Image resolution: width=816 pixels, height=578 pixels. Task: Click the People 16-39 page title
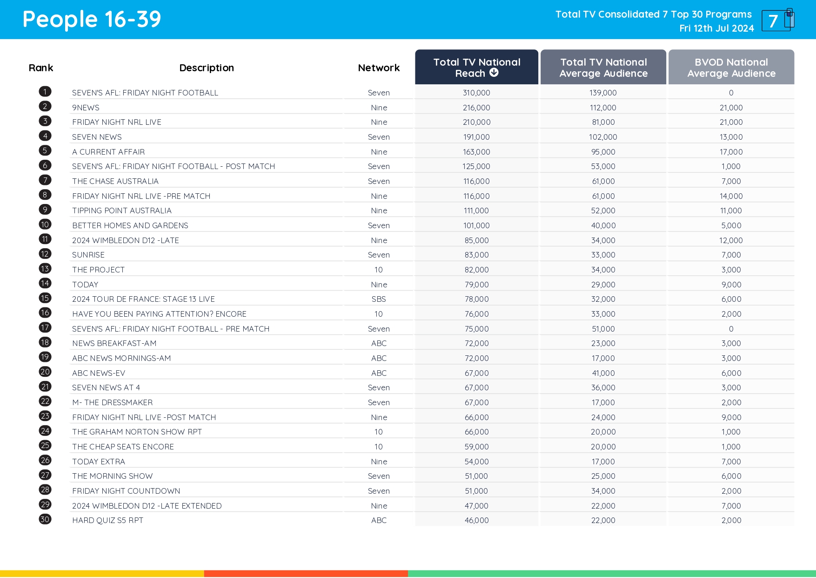(x=92, y=20)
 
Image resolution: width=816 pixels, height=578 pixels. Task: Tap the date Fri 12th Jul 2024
(x=716, y=28)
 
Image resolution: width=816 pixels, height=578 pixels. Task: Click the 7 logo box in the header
(x=776, y=20)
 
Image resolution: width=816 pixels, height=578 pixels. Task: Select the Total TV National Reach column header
(x=476, y=68)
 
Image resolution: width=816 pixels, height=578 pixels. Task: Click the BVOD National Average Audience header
(x=731, y=68)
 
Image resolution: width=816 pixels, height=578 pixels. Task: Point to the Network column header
(x=379, y=68)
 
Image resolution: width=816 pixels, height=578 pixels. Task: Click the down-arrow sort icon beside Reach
(x=494, y=73)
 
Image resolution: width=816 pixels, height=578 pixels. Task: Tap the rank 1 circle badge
(x=45, y=92)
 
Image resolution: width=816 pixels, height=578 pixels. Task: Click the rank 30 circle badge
(x=45, y=519)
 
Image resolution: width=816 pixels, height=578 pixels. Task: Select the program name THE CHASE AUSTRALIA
(x=115, y=181)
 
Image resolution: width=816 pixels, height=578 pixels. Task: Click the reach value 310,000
(x=476, y=93)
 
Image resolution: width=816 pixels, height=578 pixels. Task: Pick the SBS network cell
(x=379, y=299)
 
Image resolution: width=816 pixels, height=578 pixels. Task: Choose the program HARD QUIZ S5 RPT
(x=108, y=520)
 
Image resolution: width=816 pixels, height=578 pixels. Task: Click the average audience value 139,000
(x=603, y=93)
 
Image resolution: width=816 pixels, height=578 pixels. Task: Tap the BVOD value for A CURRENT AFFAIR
(x=731, y=152)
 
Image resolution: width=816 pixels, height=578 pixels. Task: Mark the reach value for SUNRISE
(x=476, y=255)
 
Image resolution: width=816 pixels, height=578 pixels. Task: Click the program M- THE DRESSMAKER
(x=113, y=402)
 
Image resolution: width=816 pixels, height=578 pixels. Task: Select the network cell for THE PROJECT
(x=379, y=270)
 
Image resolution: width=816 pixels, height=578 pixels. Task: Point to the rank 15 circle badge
(x=45, y=298)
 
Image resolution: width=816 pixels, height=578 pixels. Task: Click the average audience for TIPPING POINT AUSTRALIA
(x=603, y=211)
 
